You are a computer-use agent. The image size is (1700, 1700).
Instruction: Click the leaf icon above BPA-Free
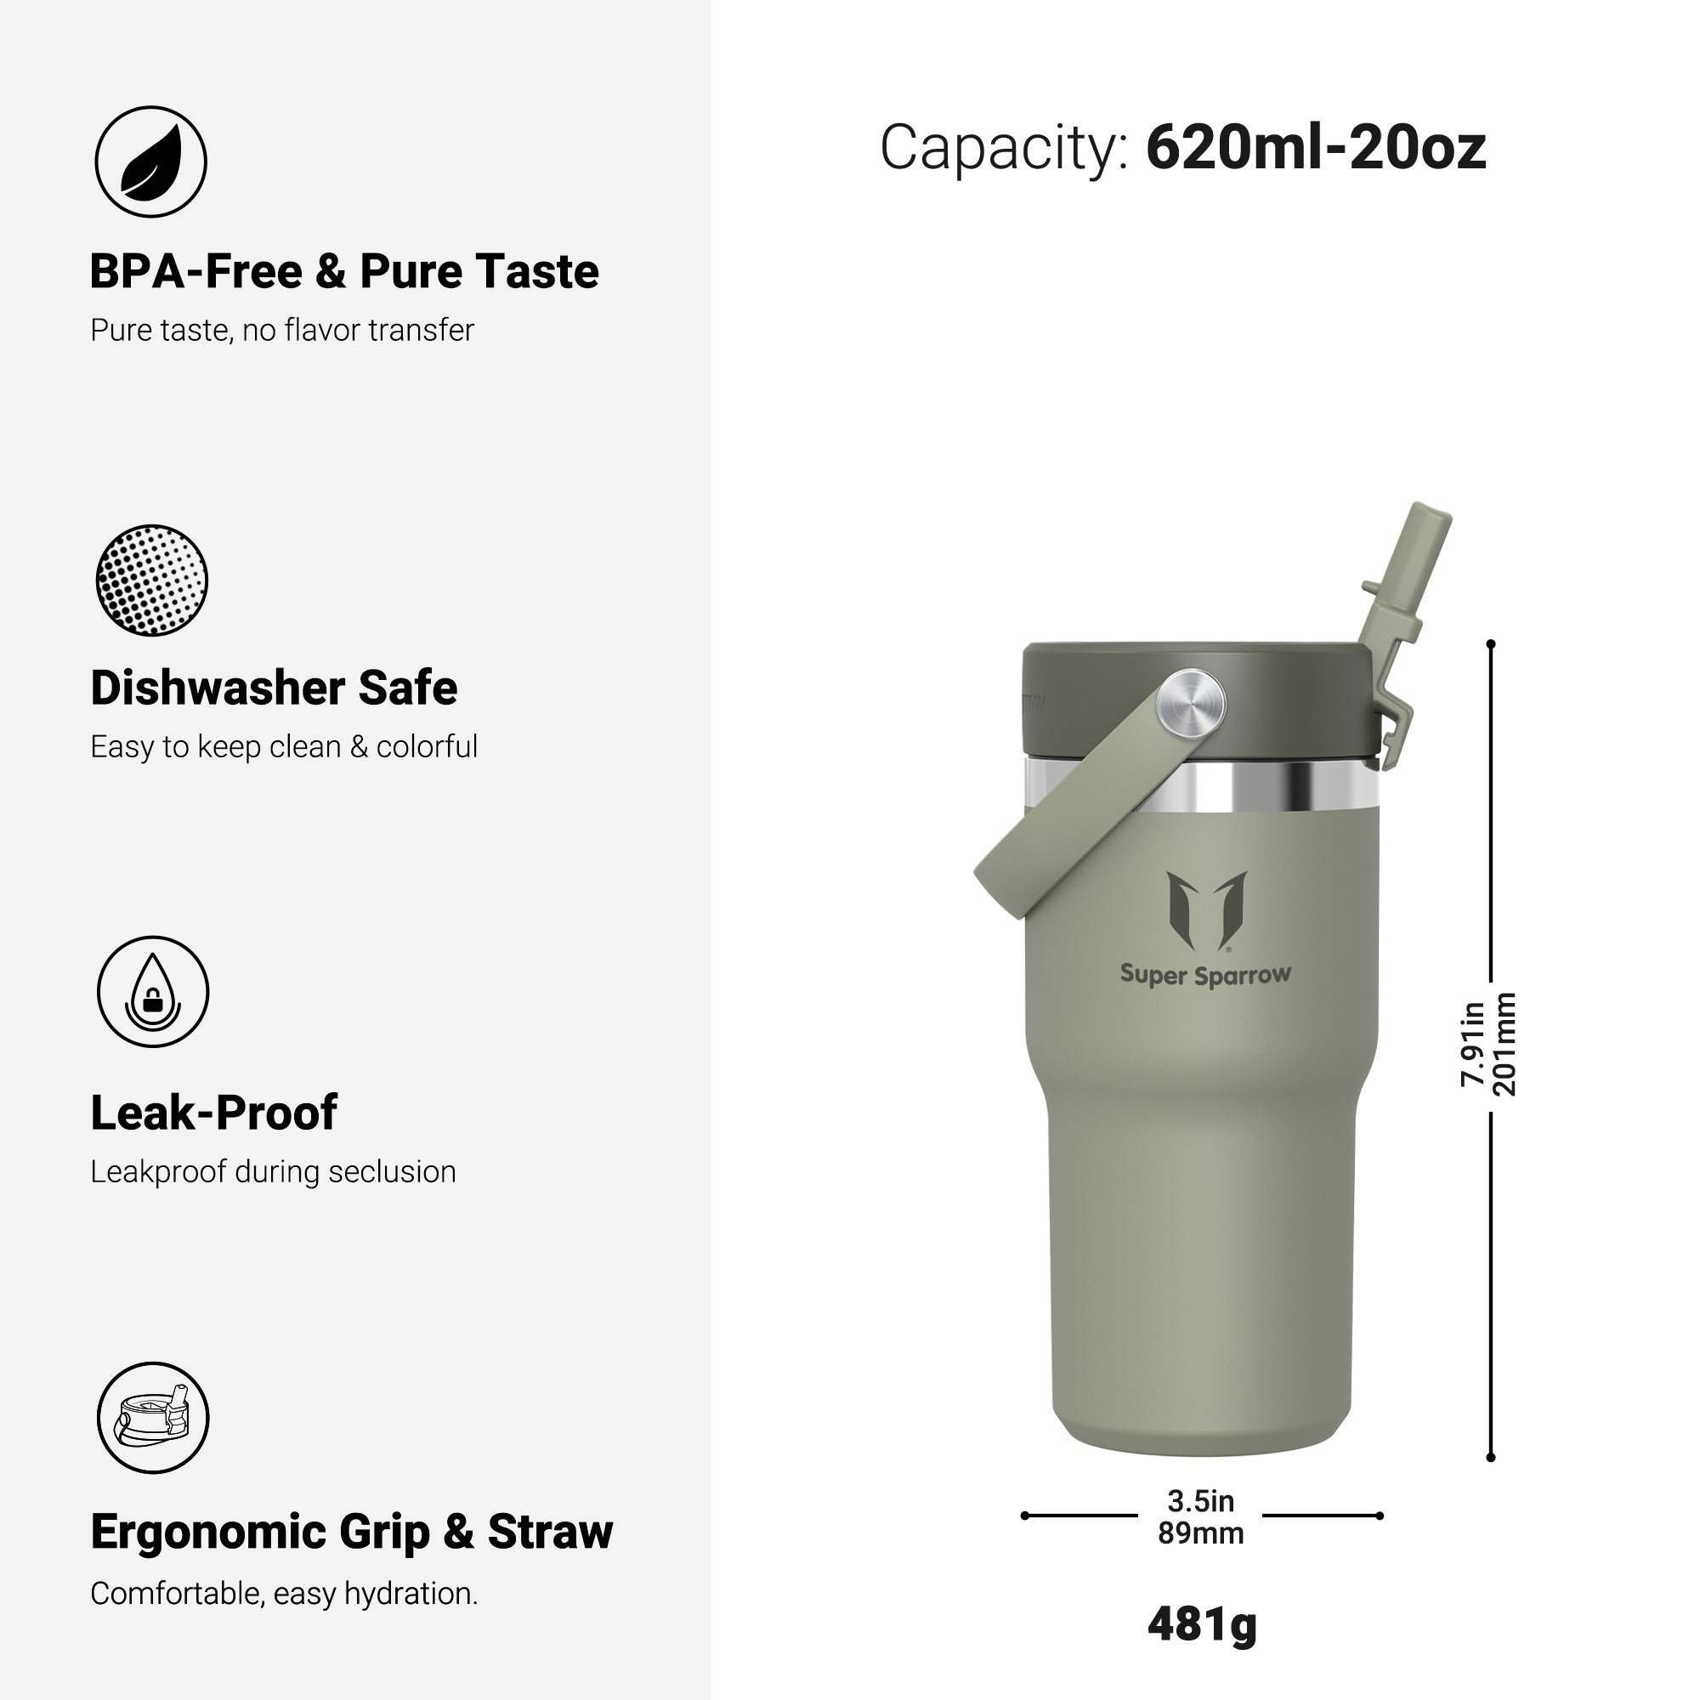[x=151, y=161]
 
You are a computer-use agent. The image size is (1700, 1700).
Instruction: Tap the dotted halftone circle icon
[x=151, y=581]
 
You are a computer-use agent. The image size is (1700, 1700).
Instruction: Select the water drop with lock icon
[x=153, y=992]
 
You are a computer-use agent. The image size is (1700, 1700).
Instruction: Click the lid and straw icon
[x=153, y=1418]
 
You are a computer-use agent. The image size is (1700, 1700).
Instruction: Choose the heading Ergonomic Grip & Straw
[x=351, y=1532]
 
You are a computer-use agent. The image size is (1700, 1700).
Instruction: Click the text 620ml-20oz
[x=1316, y=147]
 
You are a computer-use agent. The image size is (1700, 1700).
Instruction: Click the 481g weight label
[x=1202, y=1624]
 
